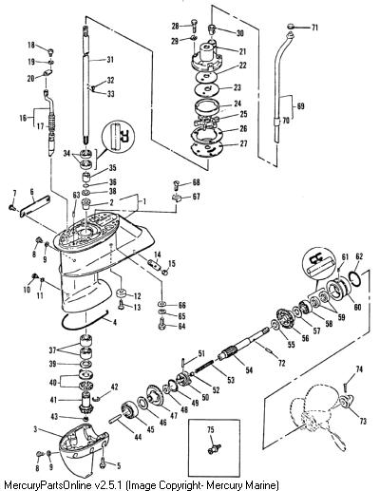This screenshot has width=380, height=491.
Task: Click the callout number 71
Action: pyautogui.click(x=314, y=28)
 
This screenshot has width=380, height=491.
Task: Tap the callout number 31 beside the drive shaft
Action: pyautogui.click(x=110, y=59)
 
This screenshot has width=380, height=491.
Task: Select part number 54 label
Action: pyautogui.click(x=249, y=369)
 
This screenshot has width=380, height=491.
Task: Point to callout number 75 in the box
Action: pyautogui.click(x=211, y=429)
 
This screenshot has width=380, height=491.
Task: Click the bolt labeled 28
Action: pyautogui.click(x=194, y=25)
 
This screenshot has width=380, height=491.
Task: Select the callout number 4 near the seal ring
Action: pyautogui.click(x=115, y=323)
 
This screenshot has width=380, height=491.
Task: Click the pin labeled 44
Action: pyautogui.click(x=114, y=421)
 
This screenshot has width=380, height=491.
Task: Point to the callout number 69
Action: pyautogui.click(x=300, y=106)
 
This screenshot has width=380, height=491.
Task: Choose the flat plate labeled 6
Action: pyautogui.click(x=35, y=206)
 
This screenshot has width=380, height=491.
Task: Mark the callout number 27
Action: pyautogui.click(x=243, y=143)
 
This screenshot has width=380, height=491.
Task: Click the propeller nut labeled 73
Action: pyautogui.click(x=345, y=401)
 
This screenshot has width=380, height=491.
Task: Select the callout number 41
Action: pyautogui.click(x=53, y=400)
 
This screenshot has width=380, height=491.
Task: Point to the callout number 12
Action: pyautogui.click(x=137, y=296)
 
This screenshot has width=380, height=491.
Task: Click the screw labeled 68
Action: pyautogui.click(x=178, y=184)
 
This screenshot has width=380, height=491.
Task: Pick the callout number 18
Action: pyautogui.click(x=31, y=45)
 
